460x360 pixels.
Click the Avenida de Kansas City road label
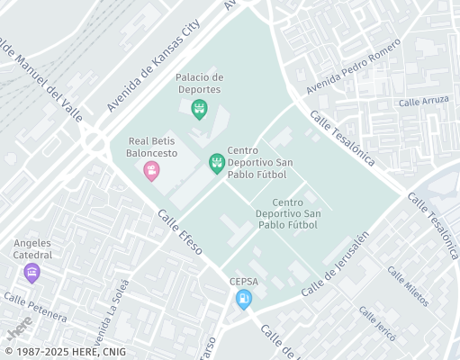152,68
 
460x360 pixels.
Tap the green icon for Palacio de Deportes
200,110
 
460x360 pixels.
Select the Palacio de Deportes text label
199,84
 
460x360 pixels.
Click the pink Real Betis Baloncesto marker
151,170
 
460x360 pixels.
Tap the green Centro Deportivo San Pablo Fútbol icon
217,163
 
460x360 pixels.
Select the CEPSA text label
243,281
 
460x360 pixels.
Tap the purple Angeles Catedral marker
32,273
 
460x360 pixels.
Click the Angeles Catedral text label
32,249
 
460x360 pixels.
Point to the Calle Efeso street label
181,230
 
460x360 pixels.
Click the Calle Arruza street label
428,101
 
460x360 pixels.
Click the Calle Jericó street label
377,323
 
